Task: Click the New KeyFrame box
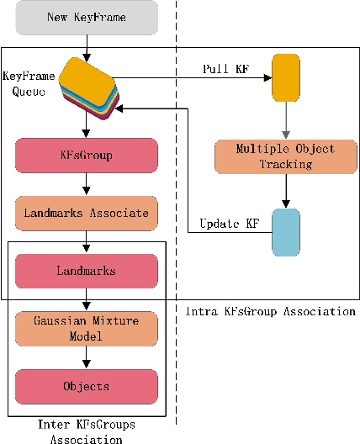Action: coord(87,18)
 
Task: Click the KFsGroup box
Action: coord(87,156)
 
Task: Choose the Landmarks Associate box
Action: coord(87,213)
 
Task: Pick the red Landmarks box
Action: coord(87,272)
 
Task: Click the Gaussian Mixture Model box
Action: coord(87,329)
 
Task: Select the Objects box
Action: coord(87,386)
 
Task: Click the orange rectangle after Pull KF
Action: coord(286,77)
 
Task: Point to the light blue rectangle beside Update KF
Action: coord(286,230)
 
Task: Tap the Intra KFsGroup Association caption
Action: coord(269,312)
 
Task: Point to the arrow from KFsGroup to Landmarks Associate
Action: coord(87,184)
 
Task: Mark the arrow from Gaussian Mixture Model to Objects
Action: coord(87,357)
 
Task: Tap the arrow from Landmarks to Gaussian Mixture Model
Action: coord(87,300)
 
